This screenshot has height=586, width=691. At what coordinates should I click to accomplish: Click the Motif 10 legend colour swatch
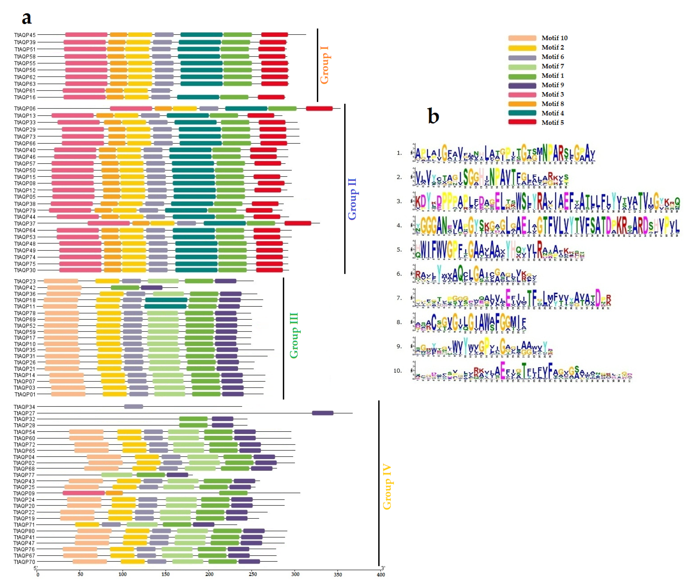tap(522, 38)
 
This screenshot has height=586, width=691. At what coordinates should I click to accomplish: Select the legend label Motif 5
tap(552, 123)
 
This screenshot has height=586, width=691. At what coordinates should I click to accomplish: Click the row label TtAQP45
tap(25, 35)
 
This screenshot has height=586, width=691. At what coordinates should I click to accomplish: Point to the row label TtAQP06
tap(25, 109)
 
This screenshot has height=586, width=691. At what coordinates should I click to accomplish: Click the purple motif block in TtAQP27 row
tap(322, 413)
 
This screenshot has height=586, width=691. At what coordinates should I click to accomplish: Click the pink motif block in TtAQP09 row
tap(84, 493)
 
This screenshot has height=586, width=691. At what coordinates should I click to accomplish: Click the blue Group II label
tap(352, 199)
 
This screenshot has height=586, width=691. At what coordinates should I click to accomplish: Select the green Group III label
tap(294, 335)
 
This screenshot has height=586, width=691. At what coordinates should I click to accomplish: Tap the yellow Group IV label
tap(387, 486)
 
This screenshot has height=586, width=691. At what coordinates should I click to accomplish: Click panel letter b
tap(433, 116)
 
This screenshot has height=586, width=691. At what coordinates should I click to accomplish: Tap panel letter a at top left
tap(27, 18)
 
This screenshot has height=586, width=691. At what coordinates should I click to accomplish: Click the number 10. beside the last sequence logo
tap(397, 371)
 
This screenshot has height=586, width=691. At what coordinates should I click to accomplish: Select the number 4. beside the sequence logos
tap(399, 225)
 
